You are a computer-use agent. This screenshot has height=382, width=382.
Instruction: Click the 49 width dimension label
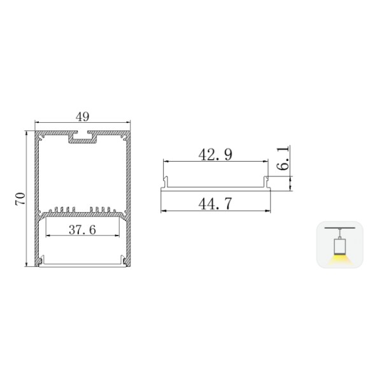pos(82,117)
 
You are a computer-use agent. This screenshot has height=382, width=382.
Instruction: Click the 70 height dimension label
pos(20,198)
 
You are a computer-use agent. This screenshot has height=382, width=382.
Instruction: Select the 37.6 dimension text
pos(82,230)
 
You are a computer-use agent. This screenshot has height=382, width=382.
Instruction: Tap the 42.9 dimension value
pos(215,154)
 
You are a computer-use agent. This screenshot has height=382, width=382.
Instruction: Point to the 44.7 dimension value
pos(215,204)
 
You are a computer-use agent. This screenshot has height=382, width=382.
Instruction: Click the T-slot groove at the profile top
pos(83,137)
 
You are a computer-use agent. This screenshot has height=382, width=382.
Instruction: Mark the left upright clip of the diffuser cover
pos(166,182)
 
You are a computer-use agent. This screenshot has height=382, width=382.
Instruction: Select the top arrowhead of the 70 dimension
pos(26,134)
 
